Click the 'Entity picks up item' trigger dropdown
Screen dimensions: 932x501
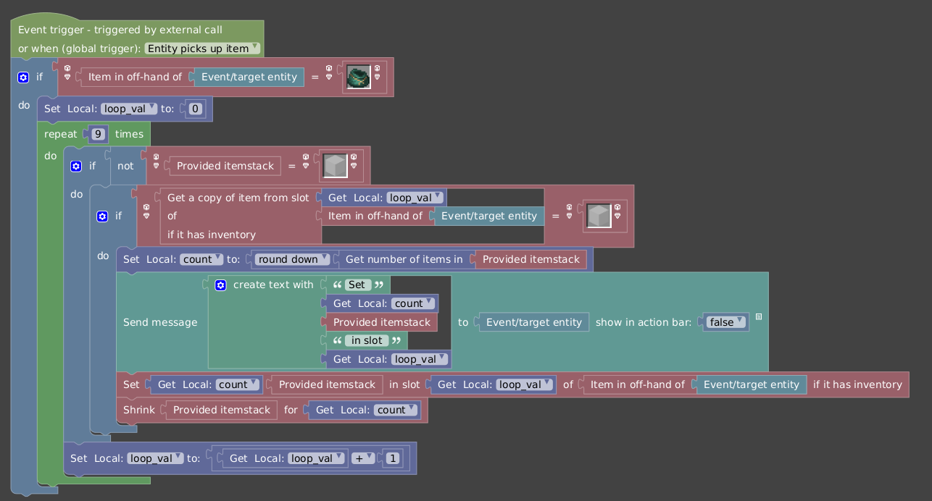click(202, 49)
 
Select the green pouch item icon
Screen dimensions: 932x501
click(358, 77)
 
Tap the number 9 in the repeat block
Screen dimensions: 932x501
click(98, 134)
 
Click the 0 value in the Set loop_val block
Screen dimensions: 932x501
click(195, 109)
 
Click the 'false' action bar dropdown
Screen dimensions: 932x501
click(725, 322)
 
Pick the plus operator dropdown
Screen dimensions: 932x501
click(363, 458)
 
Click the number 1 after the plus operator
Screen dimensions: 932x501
click(392, 458)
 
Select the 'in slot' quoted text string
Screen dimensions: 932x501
click(367, 340)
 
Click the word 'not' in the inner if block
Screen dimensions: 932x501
click(125, 166)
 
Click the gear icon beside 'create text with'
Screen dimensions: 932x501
click(220, 285)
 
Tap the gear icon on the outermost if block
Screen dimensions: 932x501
click(23, 77)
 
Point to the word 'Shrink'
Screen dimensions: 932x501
click(138, 410)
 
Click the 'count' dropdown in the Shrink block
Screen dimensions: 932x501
click(395, 410)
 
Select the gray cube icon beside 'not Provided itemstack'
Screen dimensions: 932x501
click(335, 166)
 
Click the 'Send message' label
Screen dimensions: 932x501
click(160, 322)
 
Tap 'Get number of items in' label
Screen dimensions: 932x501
click(404, 259)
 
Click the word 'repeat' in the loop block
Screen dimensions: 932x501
click(61, 134)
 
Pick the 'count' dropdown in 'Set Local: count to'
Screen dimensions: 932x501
click(201, 259)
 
